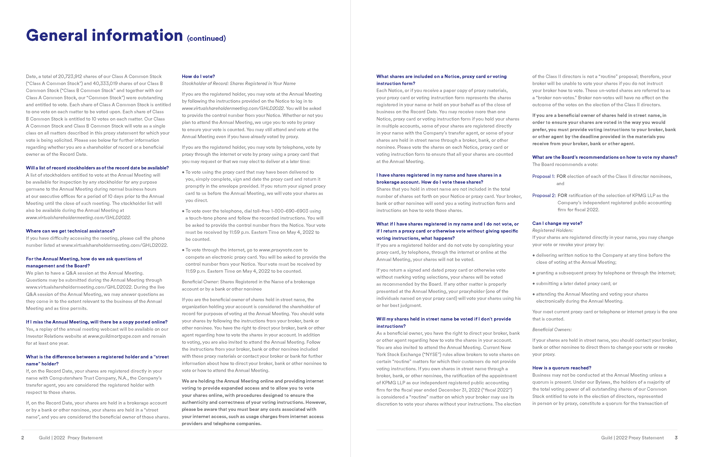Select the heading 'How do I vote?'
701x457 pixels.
(198, 76)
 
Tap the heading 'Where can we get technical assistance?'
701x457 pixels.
(70, 231)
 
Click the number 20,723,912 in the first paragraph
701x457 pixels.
(70, 76)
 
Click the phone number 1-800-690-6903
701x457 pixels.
(290, 211)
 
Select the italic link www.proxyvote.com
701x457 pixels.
(280, 250)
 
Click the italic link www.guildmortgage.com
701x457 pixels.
(114, 336)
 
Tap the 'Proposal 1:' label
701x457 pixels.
(543, 176)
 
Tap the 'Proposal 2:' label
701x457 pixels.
(544, 196)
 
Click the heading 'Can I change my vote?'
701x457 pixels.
(557, 223)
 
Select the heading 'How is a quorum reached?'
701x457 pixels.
(561, 368)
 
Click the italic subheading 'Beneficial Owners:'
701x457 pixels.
(552, 329)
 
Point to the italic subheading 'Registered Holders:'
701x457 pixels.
(553, 230)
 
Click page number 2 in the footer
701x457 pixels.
(23, 438)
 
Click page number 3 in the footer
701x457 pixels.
(676, 438)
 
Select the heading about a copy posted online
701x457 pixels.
(97, 322)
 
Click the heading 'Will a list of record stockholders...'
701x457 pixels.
(97, 168)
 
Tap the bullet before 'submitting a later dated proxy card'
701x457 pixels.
(534, 284)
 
